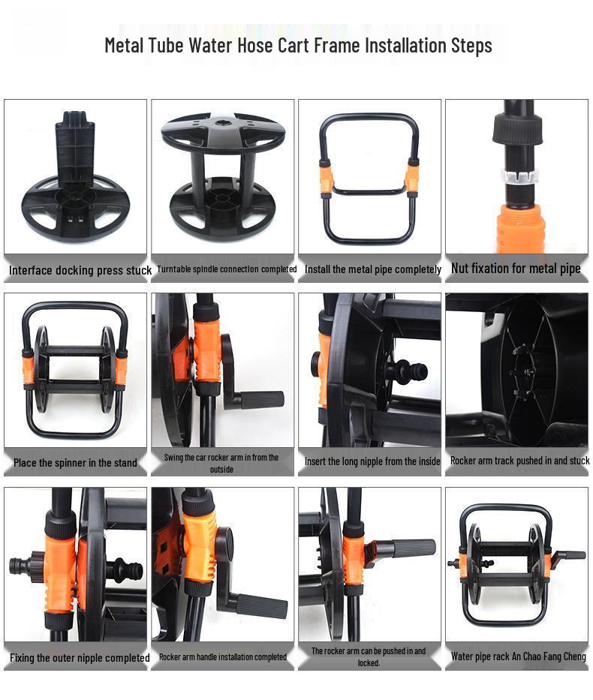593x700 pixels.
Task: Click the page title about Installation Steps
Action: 298,45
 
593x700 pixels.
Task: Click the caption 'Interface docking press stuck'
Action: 80,270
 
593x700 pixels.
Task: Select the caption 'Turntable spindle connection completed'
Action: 227,269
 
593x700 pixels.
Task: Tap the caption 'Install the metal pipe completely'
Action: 373,269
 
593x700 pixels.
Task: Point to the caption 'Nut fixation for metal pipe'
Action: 516,269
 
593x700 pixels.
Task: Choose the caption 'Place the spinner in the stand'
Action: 75,463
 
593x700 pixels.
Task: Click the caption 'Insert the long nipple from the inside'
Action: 372,462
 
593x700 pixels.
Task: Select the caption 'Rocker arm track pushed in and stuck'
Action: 519,461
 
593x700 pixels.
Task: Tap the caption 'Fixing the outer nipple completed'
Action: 80,658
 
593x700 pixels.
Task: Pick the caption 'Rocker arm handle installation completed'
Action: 223,657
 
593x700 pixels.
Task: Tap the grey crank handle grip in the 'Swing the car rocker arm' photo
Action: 263,399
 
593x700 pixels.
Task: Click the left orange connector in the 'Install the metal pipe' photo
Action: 325,176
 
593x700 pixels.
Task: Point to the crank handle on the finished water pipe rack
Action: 571,556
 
